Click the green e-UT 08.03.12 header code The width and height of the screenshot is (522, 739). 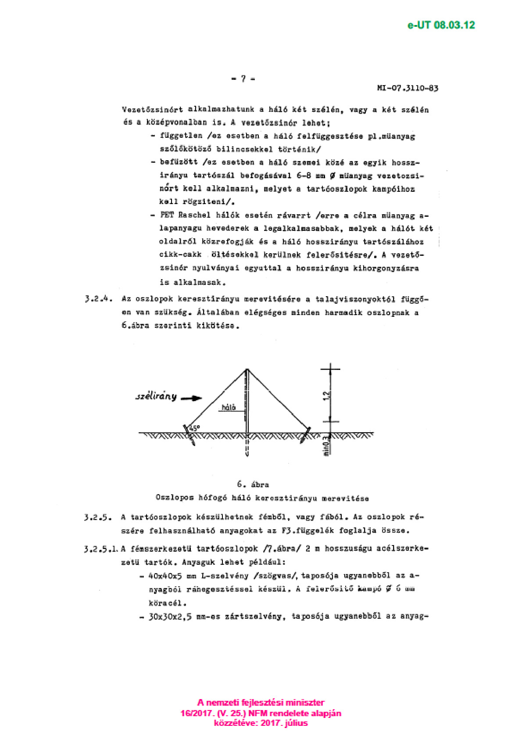[x=441, y=25]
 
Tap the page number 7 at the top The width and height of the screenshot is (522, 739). [x=243, y=79]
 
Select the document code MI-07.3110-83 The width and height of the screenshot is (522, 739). [x=408, y=88]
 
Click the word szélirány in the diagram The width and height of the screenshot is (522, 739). [x=156, y=396]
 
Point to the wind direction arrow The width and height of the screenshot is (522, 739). [x=191, y=398]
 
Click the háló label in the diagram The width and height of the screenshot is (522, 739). [x=229, y=407]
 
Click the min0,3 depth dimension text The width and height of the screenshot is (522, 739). [x=326, y=446]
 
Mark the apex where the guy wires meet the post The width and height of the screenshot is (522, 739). [x=247, y=369]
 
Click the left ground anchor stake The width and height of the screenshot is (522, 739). [x=189, y=434]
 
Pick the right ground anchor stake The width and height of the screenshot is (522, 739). [x=306, y=434]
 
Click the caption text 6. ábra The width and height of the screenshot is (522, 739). [x=253, y=484]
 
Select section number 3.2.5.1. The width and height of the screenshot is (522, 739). [x=101, y=549]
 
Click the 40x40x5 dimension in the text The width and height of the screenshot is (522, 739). [x=165, y=576]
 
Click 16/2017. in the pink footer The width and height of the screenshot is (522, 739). [x=196, y=714]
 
